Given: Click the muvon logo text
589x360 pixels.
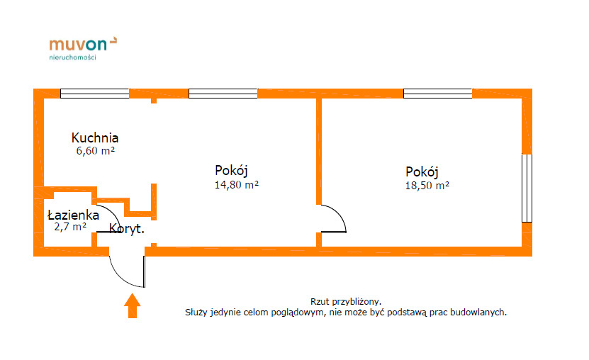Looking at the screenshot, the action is tap(78, 45).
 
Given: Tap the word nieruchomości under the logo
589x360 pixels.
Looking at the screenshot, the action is tap(72, 57).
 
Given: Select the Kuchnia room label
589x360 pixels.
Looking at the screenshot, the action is tap(95, 137).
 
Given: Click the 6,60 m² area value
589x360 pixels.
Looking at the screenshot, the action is tap(96, 151).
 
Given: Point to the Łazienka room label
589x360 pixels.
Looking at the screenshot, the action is tap(73, 215).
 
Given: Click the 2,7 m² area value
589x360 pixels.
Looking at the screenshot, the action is tap(70, 227).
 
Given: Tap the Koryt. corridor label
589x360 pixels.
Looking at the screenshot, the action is tap(127, 229).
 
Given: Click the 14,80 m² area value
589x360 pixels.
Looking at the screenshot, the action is tap(237, 185).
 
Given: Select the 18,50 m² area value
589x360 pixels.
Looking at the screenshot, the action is tap(427, 186).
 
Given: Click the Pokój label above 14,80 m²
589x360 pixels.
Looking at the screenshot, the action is tap(231, 171).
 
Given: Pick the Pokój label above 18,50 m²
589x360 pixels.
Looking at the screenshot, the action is tap(422, 172).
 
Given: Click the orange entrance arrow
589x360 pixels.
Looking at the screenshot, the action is tap(133, 305).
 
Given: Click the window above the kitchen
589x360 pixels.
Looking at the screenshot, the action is tap(95, 94).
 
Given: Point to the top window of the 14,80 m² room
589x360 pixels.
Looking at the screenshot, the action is tap(223, 94).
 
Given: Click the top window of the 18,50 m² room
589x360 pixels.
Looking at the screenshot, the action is tap(437, 94).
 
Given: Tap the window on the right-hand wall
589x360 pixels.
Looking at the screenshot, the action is tap(527, 188).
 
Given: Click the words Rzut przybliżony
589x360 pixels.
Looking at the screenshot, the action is tap(346, 302).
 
